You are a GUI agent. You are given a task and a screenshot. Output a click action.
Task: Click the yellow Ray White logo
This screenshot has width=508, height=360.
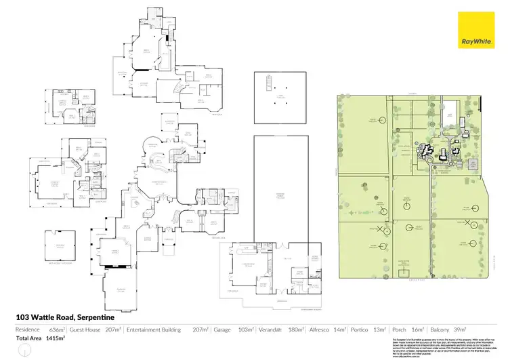pos(475,29)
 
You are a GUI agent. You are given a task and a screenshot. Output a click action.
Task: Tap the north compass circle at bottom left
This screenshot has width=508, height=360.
pos(25,348)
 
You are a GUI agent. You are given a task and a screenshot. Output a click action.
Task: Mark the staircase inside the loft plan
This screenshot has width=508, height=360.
pos(268,84)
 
